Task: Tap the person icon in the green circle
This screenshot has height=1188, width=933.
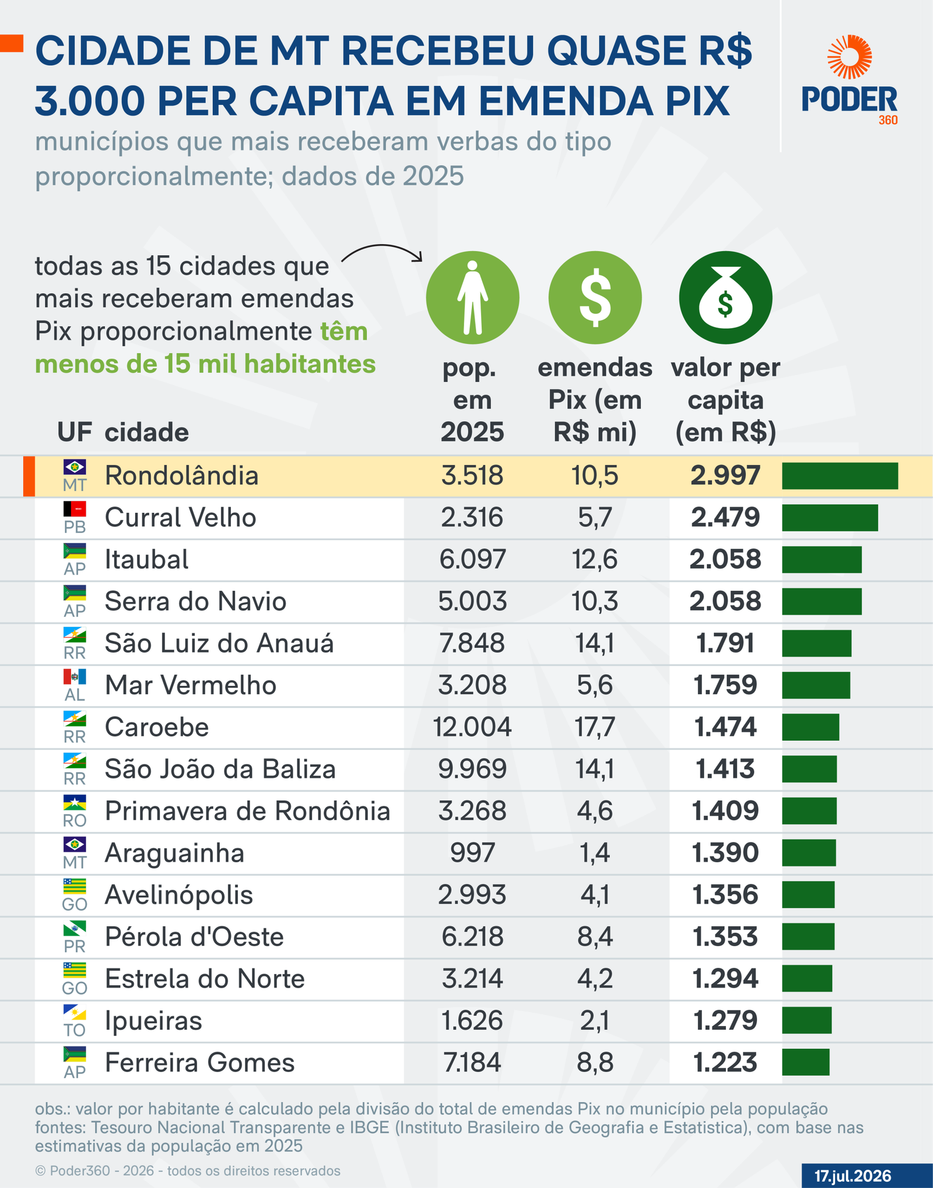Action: pos(472,297)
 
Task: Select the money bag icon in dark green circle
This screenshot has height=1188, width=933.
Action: pos(725,298)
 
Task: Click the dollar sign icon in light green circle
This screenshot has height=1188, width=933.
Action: pos(595,298)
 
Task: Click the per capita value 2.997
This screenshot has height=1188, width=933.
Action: pos(725,476)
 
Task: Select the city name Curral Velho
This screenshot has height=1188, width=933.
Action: pos(180,517)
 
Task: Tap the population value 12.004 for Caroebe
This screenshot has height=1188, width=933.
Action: pos(472,727)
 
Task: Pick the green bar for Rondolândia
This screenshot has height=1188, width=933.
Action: pos(840,476)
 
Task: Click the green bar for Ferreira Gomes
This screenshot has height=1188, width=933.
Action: pos(805,1062)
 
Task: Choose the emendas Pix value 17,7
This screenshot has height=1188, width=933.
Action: pos(595,727)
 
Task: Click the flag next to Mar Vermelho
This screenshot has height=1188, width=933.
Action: pos(75,676)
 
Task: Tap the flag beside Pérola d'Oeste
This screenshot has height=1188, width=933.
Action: pos(75,928)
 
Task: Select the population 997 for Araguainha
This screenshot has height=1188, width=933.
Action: pos(472,853)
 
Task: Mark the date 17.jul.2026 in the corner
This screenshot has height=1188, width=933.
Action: pos(853,1176)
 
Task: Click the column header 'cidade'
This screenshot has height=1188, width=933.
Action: pos(147,433)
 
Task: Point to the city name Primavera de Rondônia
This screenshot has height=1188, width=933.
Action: pos(247,811)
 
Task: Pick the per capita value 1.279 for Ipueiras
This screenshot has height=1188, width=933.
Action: pos(725,1021)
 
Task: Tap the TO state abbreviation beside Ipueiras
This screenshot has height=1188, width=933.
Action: pos(75,1030)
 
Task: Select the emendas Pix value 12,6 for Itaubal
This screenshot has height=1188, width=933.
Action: pos(595,559)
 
